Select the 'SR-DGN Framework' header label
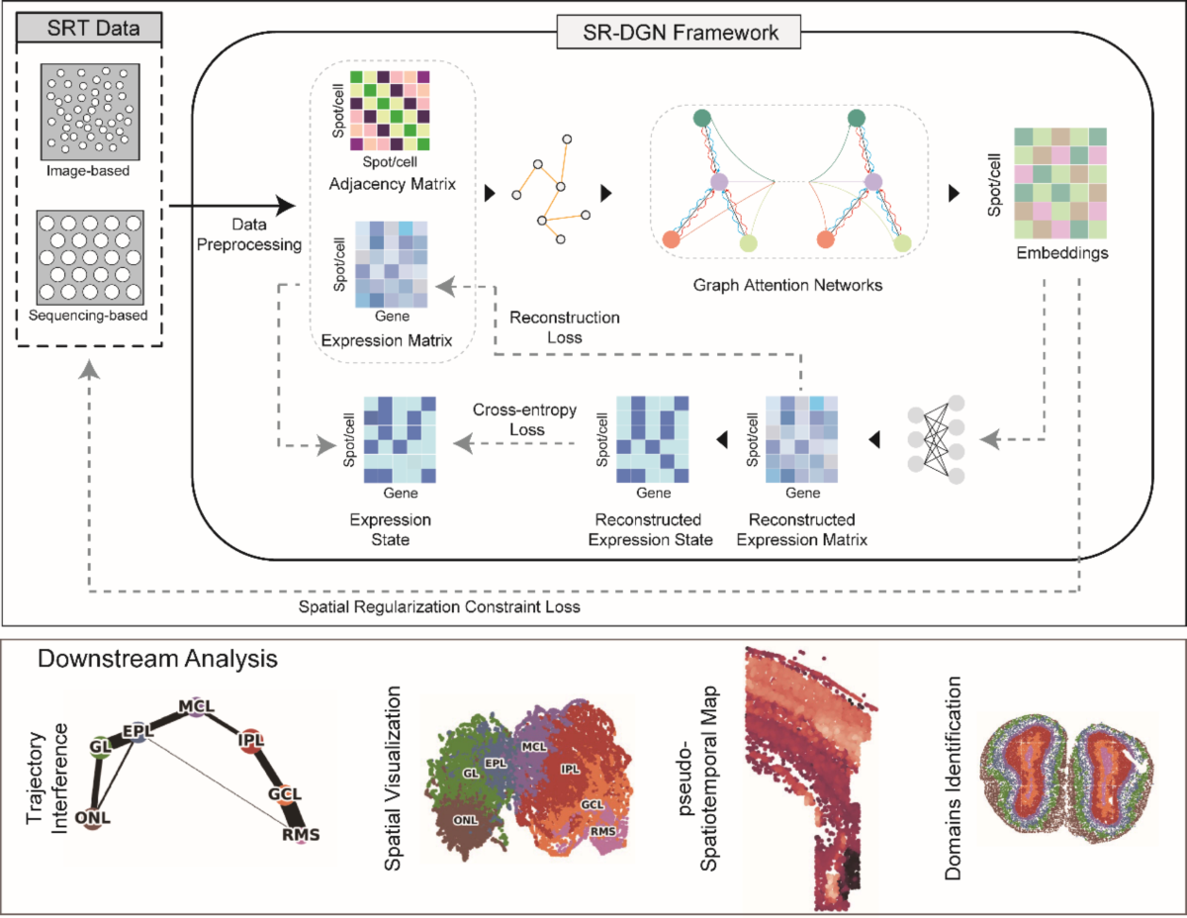(668, 33)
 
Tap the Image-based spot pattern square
(89, 109)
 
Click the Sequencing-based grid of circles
(89, 257)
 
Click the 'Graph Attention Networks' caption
(787, 285)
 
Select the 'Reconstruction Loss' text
(564, 326)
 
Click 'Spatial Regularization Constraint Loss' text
(439, 606)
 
